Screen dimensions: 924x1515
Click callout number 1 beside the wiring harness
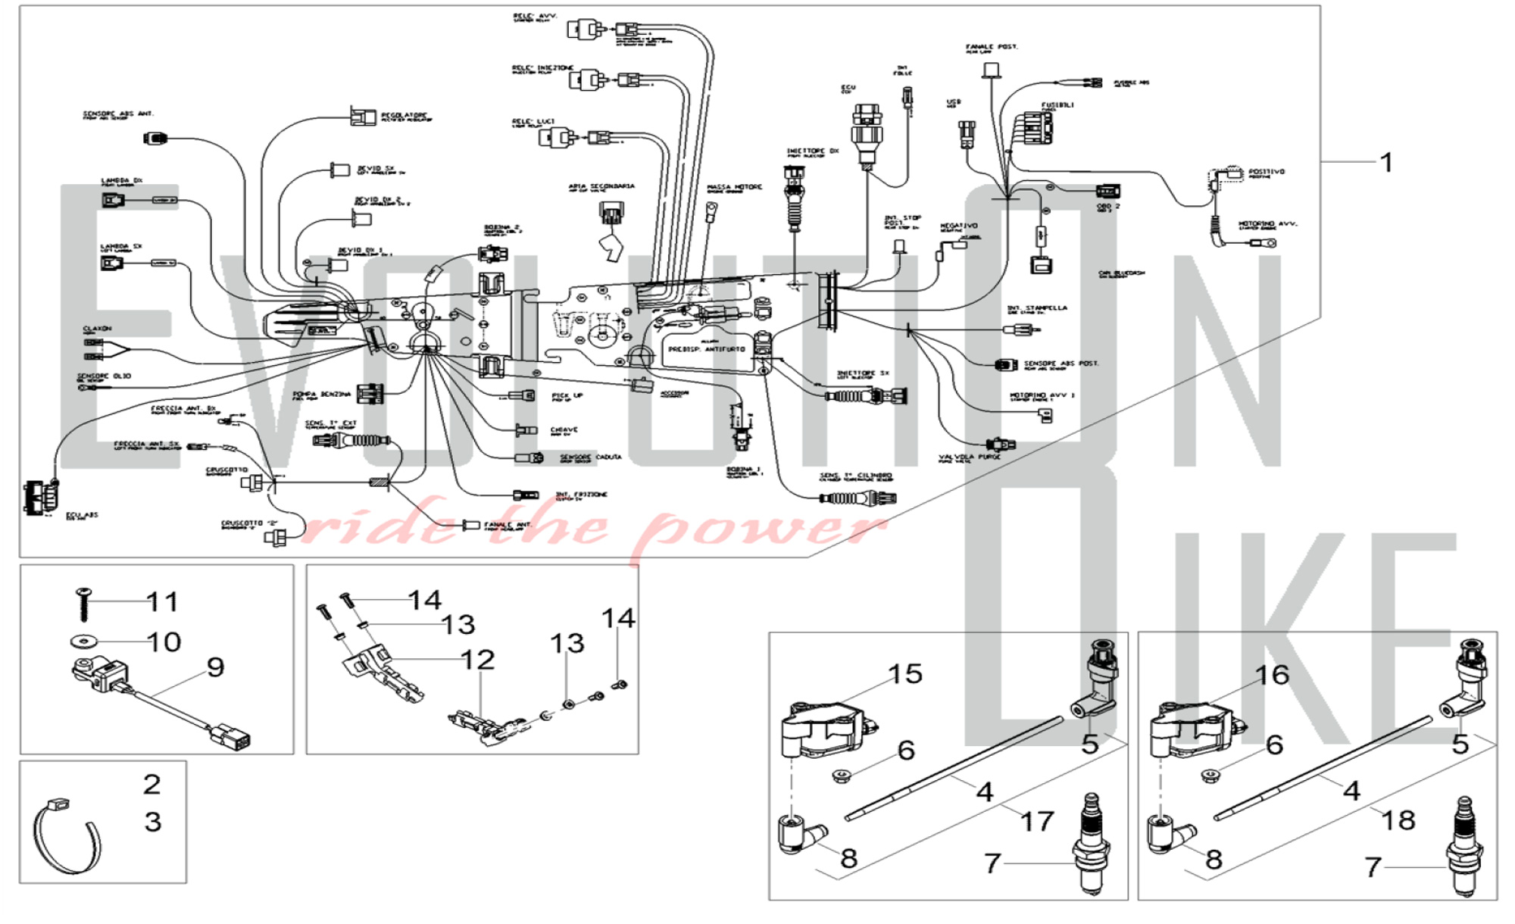tap(1386, 162)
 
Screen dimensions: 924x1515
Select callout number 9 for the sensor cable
tap(216, 667)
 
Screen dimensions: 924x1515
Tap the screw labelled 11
tap(83, 604)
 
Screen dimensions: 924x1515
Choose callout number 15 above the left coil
tap(905, 674)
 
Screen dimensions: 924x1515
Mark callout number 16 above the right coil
tap(1272, 675)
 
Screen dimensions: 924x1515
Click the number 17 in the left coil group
tap(1037, 821)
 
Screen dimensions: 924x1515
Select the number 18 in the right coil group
tap(1398, 819)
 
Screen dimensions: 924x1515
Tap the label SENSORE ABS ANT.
tap(118, 114)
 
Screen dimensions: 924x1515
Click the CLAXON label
tap(97, 329)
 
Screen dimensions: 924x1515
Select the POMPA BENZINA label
tap(322, 395)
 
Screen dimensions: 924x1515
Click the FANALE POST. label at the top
tap(992, 47)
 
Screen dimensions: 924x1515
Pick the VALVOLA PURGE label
tap(970, 457)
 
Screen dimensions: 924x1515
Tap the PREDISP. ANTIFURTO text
tap(706, 350)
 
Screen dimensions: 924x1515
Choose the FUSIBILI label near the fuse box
tap(1057, 105)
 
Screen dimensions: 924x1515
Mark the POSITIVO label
tap(1267, 172)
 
